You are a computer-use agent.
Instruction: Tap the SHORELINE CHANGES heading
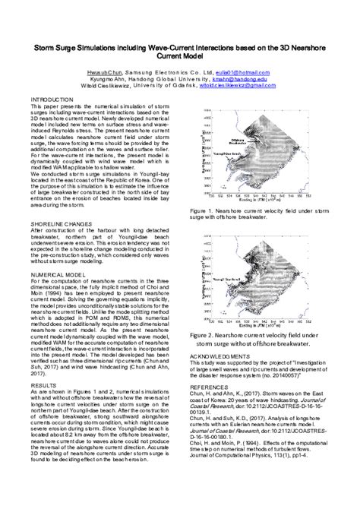click(x=62, y=226)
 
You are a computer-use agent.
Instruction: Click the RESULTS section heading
click(x=43, y=385)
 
